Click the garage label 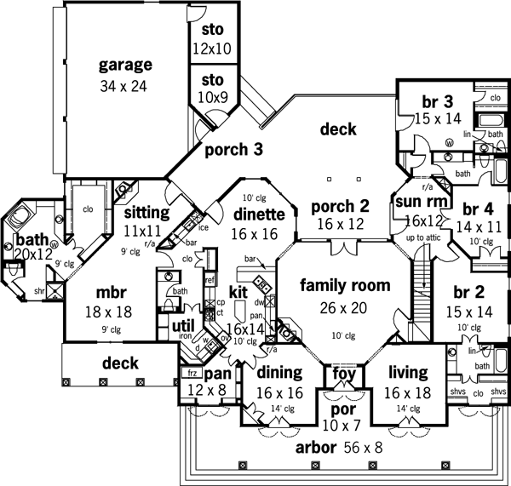coord(124,65)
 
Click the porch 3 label coord(233,149)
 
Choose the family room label coord(345,285)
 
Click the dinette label coord(256,214)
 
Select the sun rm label coord(415,201)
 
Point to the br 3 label coord(432,103)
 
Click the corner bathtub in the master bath coord(20,220)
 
